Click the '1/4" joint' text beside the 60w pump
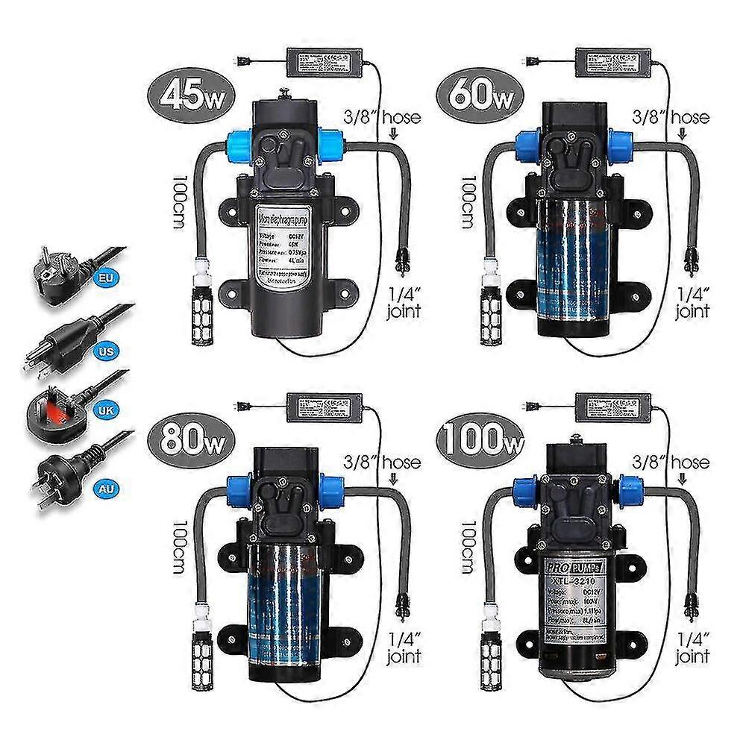click(692, 301)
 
